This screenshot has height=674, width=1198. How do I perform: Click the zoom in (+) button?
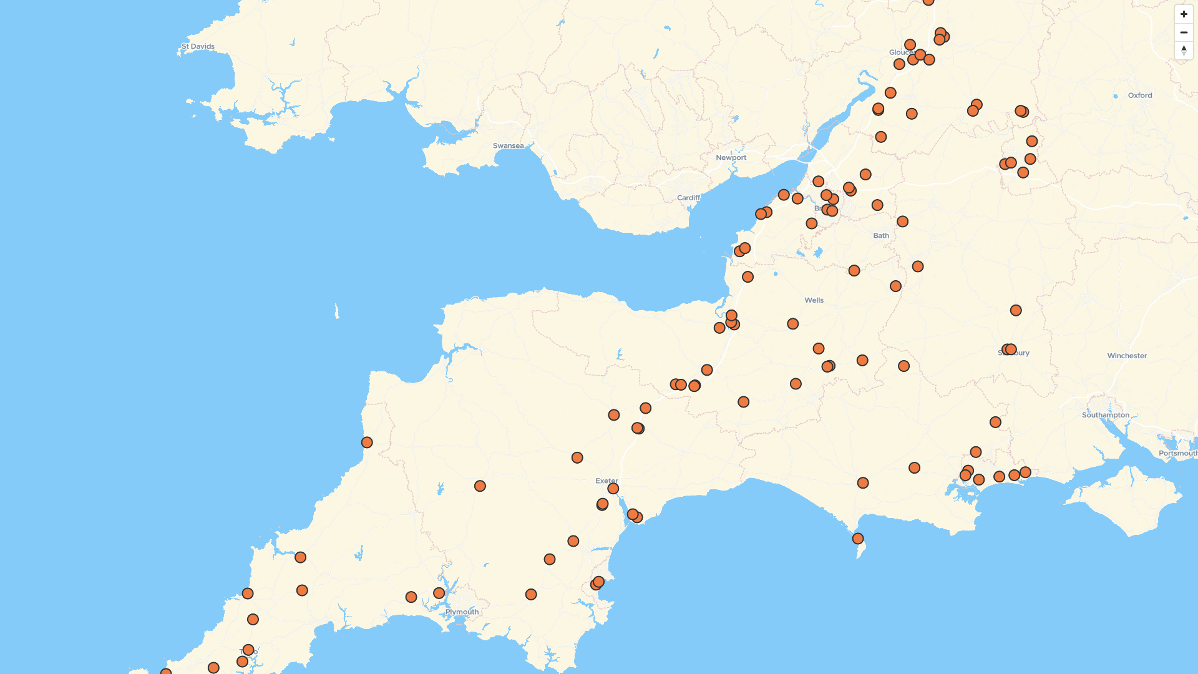(x=1184, y=14)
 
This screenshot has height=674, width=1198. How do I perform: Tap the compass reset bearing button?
(x=1184, y=50)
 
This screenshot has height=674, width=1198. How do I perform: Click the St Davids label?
(x=198, y=46)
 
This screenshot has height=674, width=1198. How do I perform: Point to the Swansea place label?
(x=508, y=145)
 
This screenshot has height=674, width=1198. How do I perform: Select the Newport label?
(x=731, y=157)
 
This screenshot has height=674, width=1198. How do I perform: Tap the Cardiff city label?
(x=688, y=198)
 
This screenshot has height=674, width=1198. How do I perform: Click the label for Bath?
(x=881, y=235)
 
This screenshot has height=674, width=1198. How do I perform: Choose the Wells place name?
(x=814, y=300)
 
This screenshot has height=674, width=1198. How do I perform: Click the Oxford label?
(x=1140, y=95)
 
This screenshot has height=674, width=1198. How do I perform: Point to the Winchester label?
(x=1127, y=356)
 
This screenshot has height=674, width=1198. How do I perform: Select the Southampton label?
(x=1106, y=415)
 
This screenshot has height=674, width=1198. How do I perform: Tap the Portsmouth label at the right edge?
(x=1177, y=453)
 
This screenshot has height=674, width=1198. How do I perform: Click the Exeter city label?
(x=606, y=481)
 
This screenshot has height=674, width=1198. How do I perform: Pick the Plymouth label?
(x=462, y=612)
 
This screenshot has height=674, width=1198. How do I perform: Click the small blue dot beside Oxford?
(x=1116, y=96)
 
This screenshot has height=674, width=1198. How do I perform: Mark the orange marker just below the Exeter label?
(x=613, y=489)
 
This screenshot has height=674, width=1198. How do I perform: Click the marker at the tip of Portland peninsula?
(x=858, y=539)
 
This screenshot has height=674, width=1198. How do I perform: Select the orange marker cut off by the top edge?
(x=928, y=1)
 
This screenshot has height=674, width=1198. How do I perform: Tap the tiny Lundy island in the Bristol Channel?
(x=337, y=311)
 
